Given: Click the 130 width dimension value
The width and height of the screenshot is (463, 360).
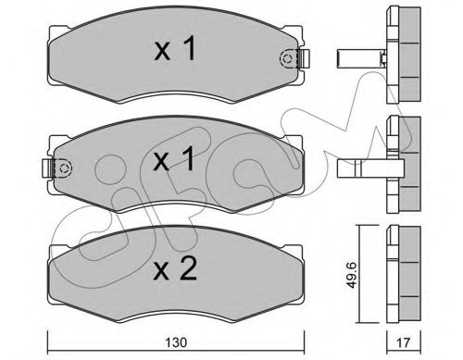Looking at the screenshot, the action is coord(176,342).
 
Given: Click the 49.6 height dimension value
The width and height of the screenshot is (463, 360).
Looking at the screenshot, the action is coord(351,275).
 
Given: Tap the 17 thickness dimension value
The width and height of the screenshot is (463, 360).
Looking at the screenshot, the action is coord(404,342).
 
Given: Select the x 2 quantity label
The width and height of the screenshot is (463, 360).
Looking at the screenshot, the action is coord(175,269).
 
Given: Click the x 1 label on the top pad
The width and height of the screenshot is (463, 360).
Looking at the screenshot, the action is coord(175,48).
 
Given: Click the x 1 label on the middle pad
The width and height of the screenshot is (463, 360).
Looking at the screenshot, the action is coord(174,158).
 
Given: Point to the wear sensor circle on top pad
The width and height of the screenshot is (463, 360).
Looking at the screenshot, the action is coord(287,58).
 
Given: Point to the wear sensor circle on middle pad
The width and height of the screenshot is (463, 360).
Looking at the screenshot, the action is coord(65,168).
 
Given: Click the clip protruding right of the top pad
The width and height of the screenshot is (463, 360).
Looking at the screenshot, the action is coord(305,58).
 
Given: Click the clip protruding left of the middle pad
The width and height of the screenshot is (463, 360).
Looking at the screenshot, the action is coord(47,168).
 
